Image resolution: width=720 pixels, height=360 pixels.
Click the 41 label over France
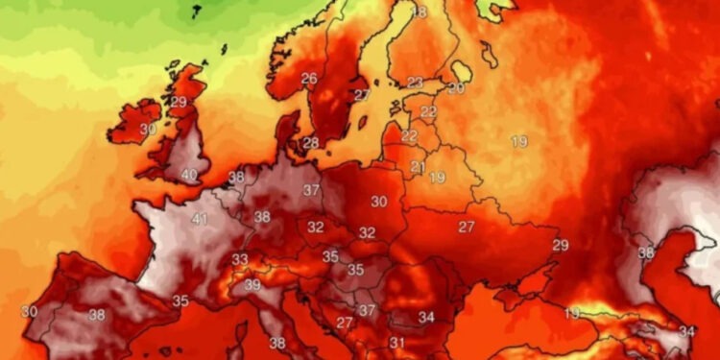[x=200, y=220]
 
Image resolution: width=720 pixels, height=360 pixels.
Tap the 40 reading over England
[x=189, y=176]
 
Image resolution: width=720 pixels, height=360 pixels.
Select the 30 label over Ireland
[x=148, y=129]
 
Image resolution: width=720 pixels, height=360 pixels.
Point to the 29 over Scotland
[x=179, y=102]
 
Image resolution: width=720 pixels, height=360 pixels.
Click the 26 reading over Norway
[x=309, y=79]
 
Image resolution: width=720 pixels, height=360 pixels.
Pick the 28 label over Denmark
[x=311, y=143]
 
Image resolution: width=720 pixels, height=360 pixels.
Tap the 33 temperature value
[x=240, y=259]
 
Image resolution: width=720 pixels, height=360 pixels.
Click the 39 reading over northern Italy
[x=252, y=285]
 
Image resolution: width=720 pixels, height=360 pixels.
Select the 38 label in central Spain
[x=96, y=315]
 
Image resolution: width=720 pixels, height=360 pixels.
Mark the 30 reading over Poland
[x=379, y=202]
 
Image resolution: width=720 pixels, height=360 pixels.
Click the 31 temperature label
[x=396, y=343]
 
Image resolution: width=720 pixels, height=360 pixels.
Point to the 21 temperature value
[x=418, y=167]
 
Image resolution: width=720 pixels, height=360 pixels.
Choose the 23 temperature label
[x=416, y=83]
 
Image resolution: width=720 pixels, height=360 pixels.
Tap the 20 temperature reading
[x=456, y=88]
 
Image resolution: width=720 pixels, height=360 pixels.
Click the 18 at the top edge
[x=420, y=12]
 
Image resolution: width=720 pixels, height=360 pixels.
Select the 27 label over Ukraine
[x=467, y=228]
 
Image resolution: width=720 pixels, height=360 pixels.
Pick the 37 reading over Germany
[x=311, y=191]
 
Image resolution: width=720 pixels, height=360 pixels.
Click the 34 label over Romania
[x=426, y=317]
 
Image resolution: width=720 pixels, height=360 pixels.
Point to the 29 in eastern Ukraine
[x=560, y=245]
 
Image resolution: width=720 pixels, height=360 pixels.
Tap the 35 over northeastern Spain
[x=180, y=301]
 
